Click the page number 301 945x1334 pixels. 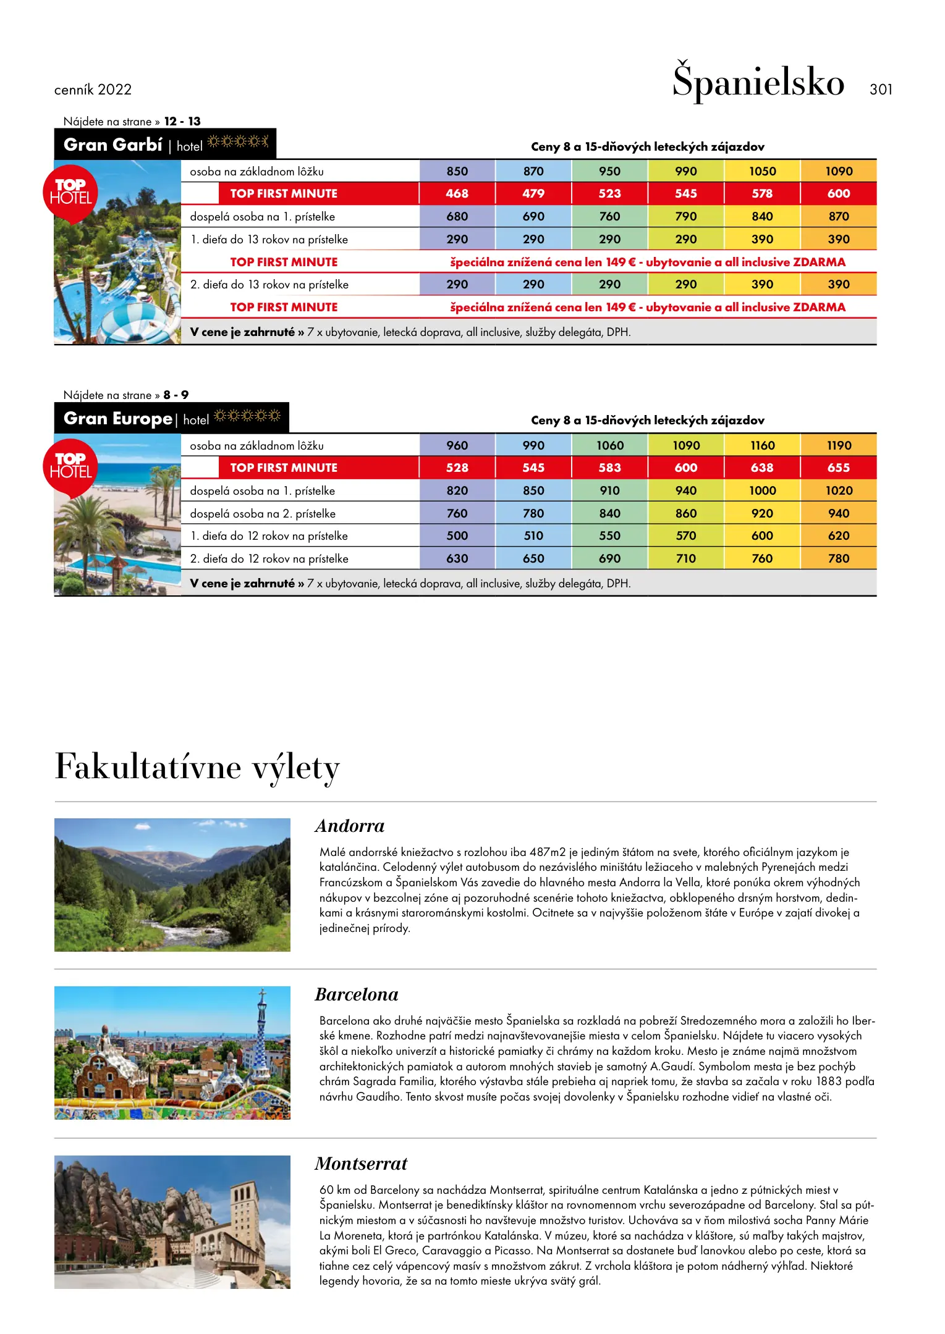(880, 90)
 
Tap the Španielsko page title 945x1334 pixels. (758, 82)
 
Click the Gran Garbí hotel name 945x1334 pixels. (113, 145)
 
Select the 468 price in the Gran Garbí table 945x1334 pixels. (457, 193)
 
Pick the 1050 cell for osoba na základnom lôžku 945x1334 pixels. (762, 171)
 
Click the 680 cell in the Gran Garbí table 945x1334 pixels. (457, 216)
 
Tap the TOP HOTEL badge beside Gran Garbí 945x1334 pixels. (70, 192)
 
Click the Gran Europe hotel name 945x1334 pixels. (117, 419)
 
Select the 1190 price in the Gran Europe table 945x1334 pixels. (838, 445)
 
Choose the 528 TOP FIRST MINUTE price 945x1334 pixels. (457, 468)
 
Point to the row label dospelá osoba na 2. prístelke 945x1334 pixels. (263, 513)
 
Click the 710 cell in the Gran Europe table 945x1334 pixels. (685, 558)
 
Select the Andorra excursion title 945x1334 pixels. (349, 826)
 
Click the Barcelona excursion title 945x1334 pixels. (356, 994)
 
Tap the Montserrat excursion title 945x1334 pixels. (360, 1164)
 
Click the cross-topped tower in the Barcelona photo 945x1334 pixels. (262, 1025)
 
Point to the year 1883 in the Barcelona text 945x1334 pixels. (829, 1081)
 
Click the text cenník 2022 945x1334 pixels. (93, 90)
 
